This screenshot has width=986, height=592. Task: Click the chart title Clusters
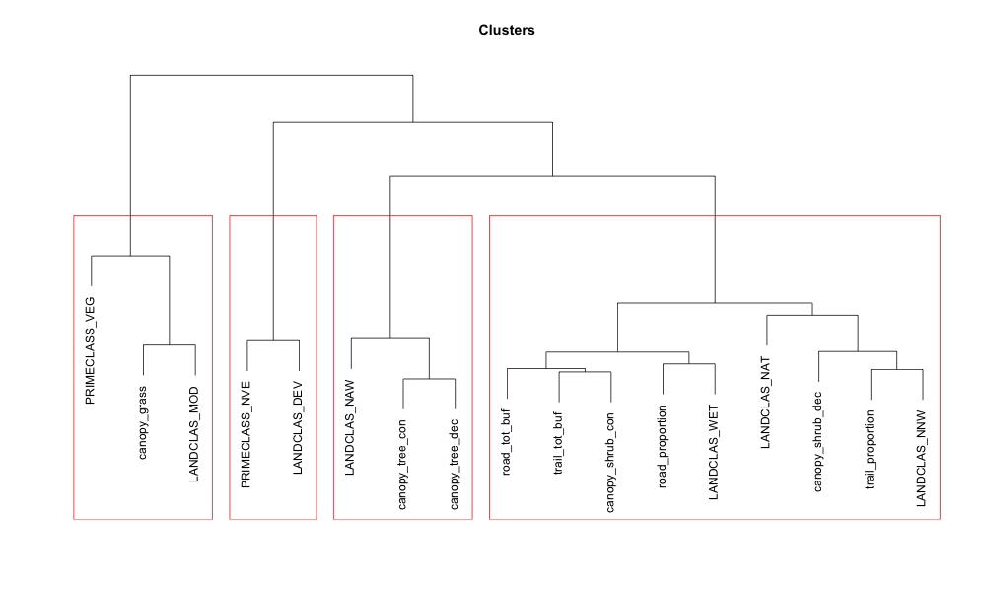[x=507, y=30]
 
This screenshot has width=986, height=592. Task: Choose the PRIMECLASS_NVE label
[x=246, y=433]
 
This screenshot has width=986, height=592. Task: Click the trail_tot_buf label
[x=559, y=445]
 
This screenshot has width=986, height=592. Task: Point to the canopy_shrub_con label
[x=611, y=463]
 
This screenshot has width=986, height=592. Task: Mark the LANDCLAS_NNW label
[x=922, y=462]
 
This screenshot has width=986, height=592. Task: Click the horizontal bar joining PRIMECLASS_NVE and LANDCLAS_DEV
[x=273, y=340]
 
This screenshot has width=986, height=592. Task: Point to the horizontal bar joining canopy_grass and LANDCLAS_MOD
[x=170, y=345]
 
